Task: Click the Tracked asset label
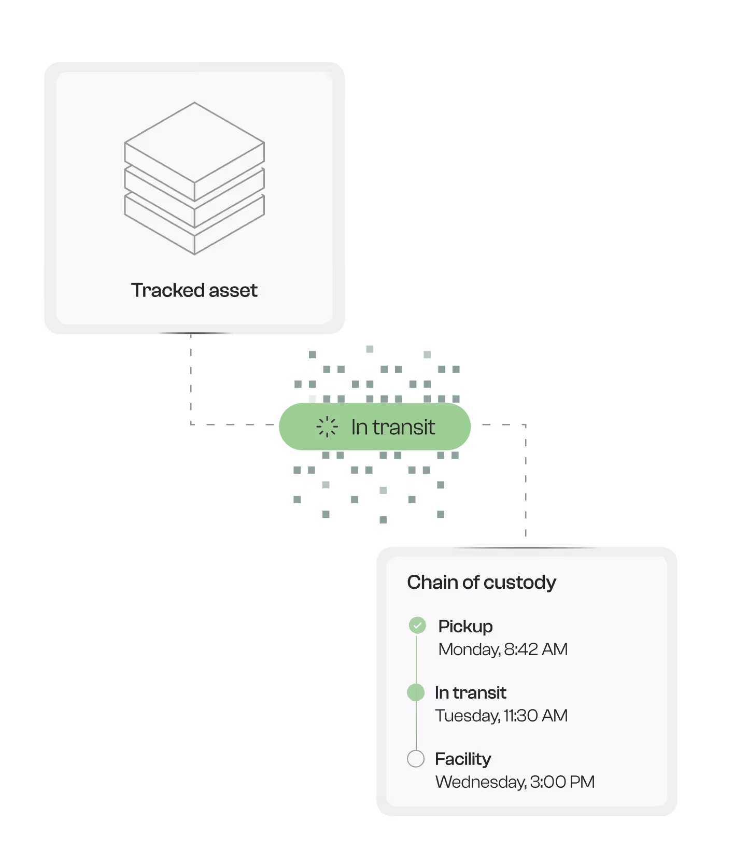[194, 290]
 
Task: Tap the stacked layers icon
[194, 178]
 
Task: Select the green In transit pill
[374, 427]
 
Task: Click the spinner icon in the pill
[327, 427]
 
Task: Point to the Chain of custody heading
[481, 583]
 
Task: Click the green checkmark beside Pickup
[417, 626]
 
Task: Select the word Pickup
[465, 626]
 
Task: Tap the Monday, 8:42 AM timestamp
[503, 649]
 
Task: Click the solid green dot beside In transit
[416, 692]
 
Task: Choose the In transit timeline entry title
[470, 692]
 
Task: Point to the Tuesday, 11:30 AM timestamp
[501, 716]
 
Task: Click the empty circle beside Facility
[416, 759]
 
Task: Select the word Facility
[463, 759]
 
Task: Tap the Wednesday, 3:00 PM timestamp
[515, 782]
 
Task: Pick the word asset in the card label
[233, 290]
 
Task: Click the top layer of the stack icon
[194, 143]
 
